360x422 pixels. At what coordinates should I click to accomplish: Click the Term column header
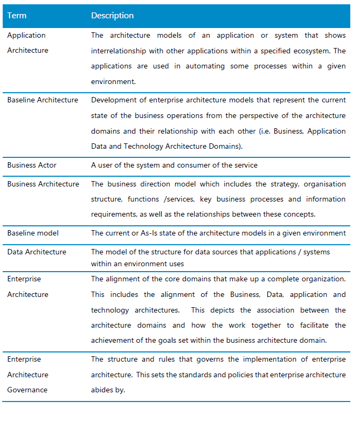coord(17,16)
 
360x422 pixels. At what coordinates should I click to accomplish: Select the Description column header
coord(112,16)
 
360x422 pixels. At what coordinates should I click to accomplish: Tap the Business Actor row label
coord(32,165)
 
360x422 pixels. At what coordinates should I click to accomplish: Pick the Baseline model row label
coord(33,233)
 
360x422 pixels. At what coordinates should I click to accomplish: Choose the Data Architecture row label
coord(37,252)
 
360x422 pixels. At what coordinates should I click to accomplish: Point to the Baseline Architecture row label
coord(43,100)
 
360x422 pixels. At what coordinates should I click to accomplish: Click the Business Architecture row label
coord(43,184)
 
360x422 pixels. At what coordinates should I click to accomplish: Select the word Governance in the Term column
coord(27,390)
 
